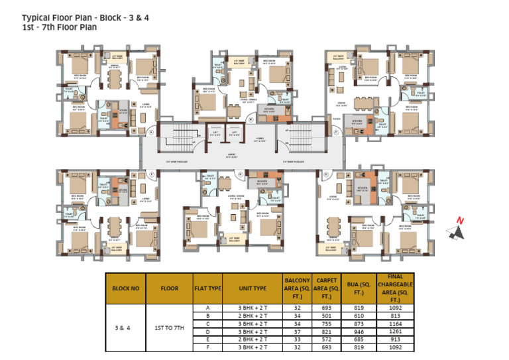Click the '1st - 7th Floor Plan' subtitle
click(x=59, y=27)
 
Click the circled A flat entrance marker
click(x=151, y=132)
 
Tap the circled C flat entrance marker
click(x=336, y=132)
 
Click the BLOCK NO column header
click(x=126, y=288)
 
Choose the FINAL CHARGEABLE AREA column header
click(x=395, y=288)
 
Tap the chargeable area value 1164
click(x=395, y=324)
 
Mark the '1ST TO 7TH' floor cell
click(x=170, y=328)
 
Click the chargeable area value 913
click(x=395, y=339)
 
